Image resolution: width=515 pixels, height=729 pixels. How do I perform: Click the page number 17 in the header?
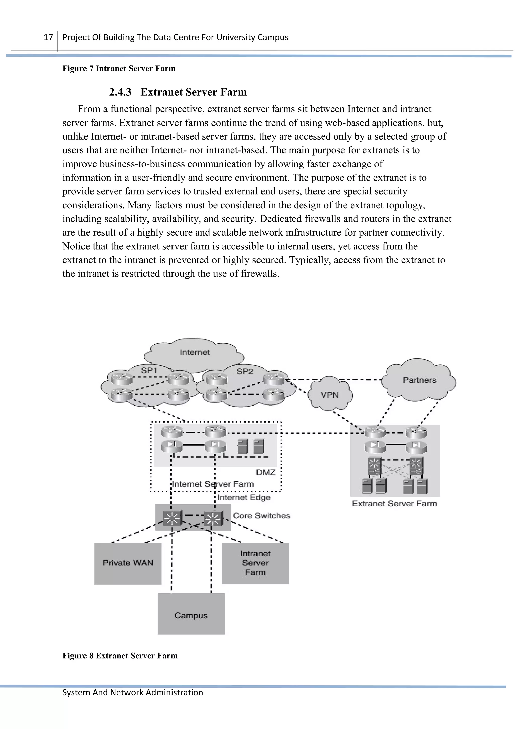coord(48,37)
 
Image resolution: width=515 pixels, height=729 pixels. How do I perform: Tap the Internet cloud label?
coord(195,352)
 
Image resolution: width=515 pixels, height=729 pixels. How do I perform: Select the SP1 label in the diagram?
coord(149,370)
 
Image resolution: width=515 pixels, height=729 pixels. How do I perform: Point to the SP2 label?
coord(245,371)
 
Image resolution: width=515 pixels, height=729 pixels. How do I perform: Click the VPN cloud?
coord(330,395)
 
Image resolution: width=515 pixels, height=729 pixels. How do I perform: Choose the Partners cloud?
coord(419,380)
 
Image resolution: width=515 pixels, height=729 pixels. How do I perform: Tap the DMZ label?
coord(266,472)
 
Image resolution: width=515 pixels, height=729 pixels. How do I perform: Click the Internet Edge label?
coord(244,497)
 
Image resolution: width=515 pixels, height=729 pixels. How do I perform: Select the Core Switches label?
coord(262,516)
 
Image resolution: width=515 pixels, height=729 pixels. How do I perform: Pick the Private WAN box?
coord(128,563)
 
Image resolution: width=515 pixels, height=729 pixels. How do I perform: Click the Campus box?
coord(191,615)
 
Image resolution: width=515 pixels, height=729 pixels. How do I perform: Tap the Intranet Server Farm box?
coord(255,563)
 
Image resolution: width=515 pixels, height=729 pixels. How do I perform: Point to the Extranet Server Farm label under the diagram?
coord(394,504)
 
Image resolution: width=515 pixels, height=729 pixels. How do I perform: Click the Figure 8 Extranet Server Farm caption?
coord(120,656)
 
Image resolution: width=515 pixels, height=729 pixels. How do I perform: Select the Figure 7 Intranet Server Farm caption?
coord(119,69)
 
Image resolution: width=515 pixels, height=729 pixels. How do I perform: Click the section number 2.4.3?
coord(120,92)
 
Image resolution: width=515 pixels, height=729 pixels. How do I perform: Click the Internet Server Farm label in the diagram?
coord(213,484)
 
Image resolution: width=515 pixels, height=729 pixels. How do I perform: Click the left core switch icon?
coord(172,518)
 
